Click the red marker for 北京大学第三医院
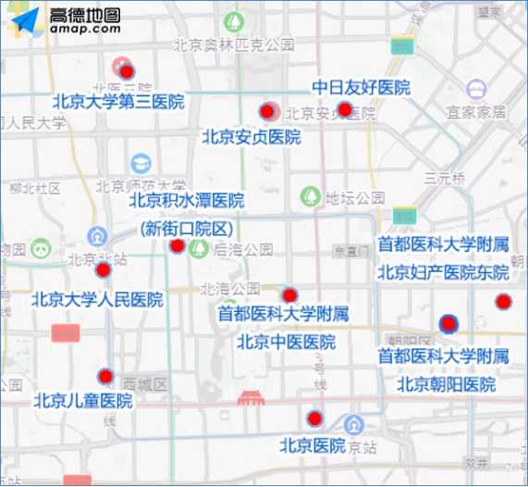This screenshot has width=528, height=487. (x=127, y=71)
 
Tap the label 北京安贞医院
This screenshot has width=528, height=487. (x=252, y=137)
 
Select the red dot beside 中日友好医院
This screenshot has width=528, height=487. (x=345, y=110)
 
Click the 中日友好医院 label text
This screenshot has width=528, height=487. (x=360, y=88)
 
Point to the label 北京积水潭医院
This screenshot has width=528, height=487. (x=186, y=200)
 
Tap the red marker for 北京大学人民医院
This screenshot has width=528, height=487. (x=104, y=269)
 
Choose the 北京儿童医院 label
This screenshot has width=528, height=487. (x=83, y=401)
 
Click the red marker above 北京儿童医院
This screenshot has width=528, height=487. (x=105, y=376)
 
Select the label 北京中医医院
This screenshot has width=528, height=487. (x=286, y=342)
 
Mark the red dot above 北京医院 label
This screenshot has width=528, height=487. (x=315, y=418)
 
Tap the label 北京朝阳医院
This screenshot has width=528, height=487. (x=447, y=383)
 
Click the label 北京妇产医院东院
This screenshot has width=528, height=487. (x=443, y=272)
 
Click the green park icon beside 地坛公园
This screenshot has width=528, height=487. (x=309, y=196)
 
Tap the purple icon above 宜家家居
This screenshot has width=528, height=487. (x=477, y=91)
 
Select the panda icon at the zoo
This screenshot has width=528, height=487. (x=40, y=248)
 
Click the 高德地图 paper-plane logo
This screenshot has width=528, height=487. (x=23, y=22)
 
